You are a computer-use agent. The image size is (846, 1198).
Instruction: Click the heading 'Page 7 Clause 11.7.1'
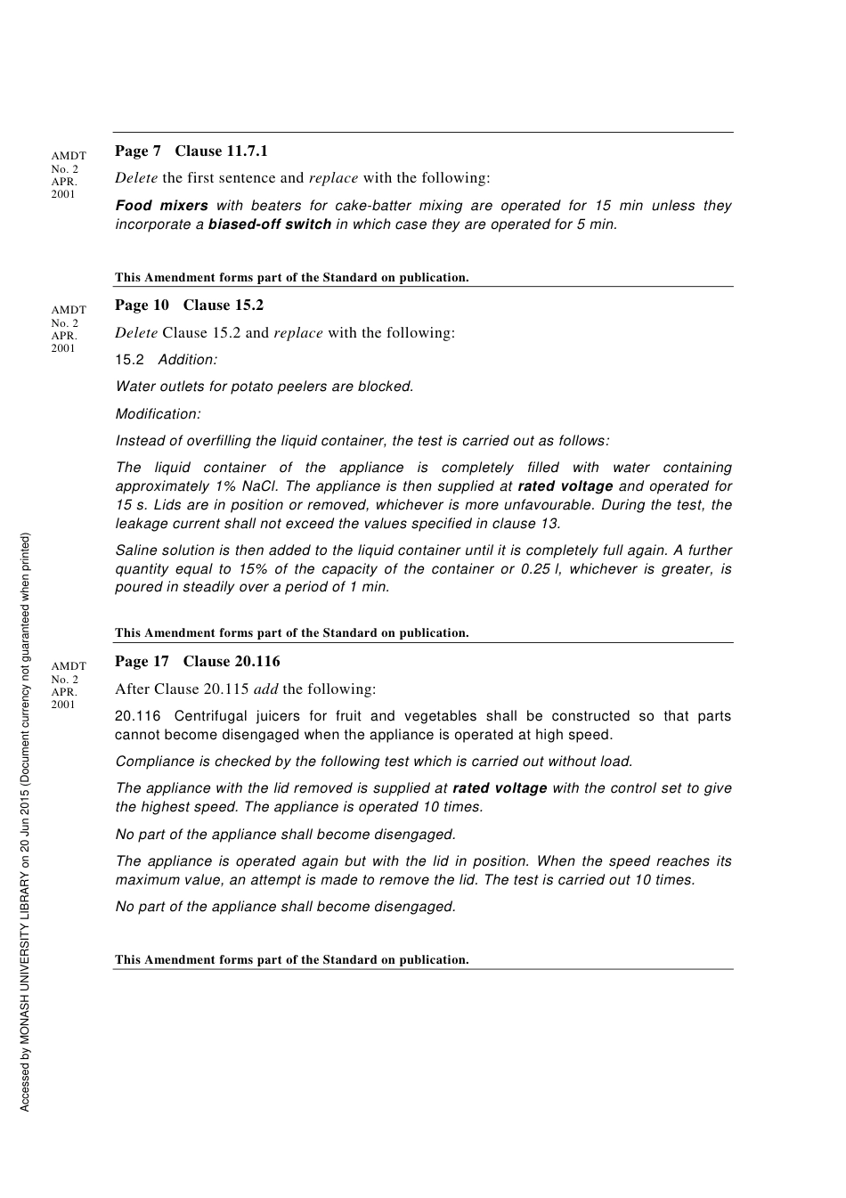(191, 151)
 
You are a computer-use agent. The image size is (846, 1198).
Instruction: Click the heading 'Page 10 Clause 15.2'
(189, 306)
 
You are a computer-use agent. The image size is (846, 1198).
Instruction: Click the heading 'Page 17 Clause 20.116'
(197, 662)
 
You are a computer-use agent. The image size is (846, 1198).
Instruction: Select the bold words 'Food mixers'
(161, 206)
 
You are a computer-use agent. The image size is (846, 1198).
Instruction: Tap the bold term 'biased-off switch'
(270, 224)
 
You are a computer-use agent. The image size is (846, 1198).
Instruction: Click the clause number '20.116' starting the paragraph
(138, 716)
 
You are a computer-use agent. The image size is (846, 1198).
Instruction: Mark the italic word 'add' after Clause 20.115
(265, 689)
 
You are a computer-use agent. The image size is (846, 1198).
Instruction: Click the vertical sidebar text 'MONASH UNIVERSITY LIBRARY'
(25, 962)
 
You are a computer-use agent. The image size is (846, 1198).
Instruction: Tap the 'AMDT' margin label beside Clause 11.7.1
(69, 156)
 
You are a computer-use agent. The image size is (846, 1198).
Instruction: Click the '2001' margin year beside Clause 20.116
(63, 705)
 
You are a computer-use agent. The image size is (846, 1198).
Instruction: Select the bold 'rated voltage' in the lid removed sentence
(500, 788)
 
